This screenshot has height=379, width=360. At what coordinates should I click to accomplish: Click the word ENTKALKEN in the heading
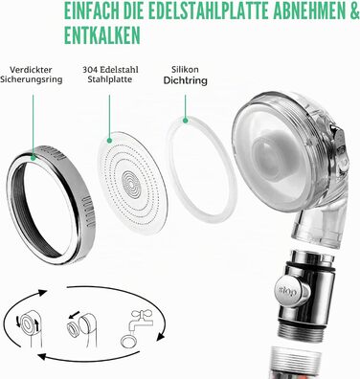[x=102, y=34]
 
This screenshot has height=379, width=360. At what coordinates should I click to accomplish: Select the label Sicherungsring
[x=31, y=79]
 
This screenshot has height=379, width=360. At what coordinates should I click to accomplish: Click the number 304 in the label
[x=88, y=70]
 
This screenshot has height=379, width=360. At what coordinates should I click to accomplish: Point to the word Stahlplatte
[x=109, y=79]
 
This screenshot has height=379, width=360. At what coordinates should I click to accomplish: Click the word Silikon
[x=185, y=69]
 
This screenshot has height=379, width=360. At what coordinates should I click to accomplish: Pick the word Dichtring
[x=185, y=80]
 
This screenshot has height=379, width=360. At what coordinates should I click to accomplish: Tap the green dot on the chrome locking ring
[x=33, y=157]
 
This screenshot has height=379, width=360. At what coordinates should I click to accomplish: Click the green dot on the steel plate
[x=109, y=140]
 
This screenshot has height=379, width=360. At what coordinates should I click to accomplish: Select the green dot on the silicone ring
[x=185, y=121]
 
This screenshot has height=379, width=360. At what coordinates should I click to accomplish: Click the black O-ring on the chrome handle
[x=309, y=267]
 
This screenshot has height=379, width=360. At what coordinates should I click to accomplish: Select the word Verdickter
[x=31, y=70]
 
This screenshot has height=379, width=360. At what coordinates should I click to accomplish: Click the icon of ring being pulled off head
[x=80, y=327]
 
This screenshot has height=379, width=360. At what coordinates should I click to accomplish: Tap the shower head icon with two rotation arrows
[x=29, y=327]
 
